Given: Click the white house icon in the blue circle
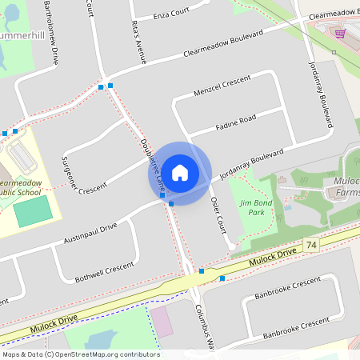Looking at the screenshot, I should (x=180, y=172).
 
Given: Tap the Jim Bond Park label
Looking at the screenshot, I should (x=256, y=208).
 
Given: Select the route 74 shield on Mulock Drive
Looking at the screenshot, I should (x=310, y=243).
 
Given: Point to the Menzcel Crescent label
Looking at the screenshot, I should (x=222, y=86).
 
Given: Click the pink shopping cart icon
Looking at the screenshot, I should (x=341, y=34).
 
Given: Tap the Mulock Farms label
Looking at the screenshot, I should (x=346, y=186).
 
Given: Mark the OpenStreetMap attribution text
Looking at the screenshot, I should (x=80, y=354).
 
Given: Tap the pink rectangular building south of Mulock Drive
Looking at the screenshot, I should (x=161, y=321).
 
